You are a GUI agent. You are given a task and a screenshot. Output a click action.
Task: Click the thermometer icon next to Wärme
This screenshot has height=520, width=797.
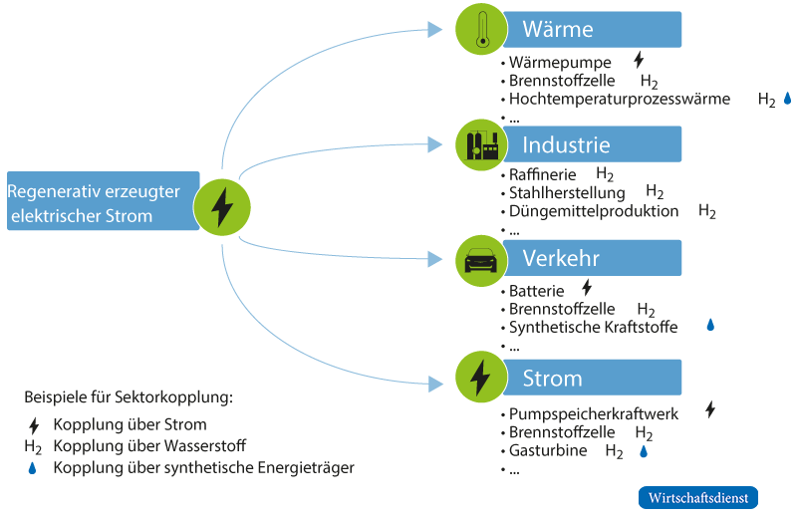tap(480, 30)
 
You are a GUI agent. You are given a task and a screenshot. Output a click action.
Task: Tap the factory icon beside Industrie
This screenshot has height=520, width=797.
tap(480, 145)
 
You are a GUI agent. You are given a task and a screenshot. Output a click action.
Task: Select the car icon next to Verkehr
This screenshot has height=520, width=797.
tap(480, 261)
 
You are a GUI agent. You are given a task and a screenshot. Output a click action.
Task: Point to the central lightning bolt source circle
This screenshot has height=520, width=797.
tap(222, 206)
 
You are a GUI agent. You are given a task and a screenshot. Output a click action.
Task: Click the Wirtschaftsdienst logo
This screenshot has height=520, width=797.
tap(697, 497)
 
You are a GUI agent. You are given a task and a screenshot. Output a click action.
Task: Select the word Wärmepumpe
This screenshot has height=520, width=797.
tap(560, 63)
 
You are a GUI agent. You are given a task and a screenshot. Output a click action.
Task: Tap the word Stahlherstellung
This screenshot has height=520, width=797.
tap(567, 193)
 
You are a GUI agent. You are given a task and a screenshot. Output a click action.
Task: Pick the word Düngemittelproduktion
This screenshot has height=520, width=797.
tap(594, 212)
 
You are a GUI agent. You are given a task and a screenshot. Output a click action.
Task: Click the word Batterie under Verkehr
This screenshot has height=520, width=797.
tap(537, 292)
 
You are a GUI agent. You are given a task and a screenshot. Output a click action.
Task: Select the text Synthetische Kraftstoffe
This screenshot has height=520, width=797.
tap(593, 327)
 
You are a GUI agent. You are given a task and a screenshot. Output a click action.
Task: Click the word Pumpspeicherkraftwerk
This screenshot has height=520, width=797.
tap(595, 412)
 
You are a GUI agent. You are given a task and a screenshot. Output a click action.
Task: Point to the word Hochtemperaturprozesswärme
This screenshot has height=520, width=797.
tap(620, 100)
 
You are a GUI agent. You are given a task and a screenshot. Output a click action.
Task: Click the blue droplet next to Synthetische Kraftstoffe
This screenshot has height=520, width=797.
tap(710, 325)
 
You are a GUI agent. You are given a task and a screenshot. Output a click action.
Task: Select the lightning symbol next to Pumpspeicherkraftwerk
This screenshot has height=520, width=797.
tap(710, 409)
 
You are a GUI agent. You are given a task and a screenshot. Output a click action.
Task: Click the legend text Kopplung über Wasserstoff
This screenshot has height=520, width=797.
tap(149, 446)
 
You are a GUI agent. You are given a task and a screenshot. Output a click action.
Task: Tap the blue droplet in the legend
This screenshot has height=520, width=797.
tap(33, 467)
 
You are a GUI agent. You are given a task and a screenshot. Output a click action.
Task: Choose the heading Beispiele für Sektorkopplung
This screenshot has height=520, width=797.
tap(128, 397)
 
